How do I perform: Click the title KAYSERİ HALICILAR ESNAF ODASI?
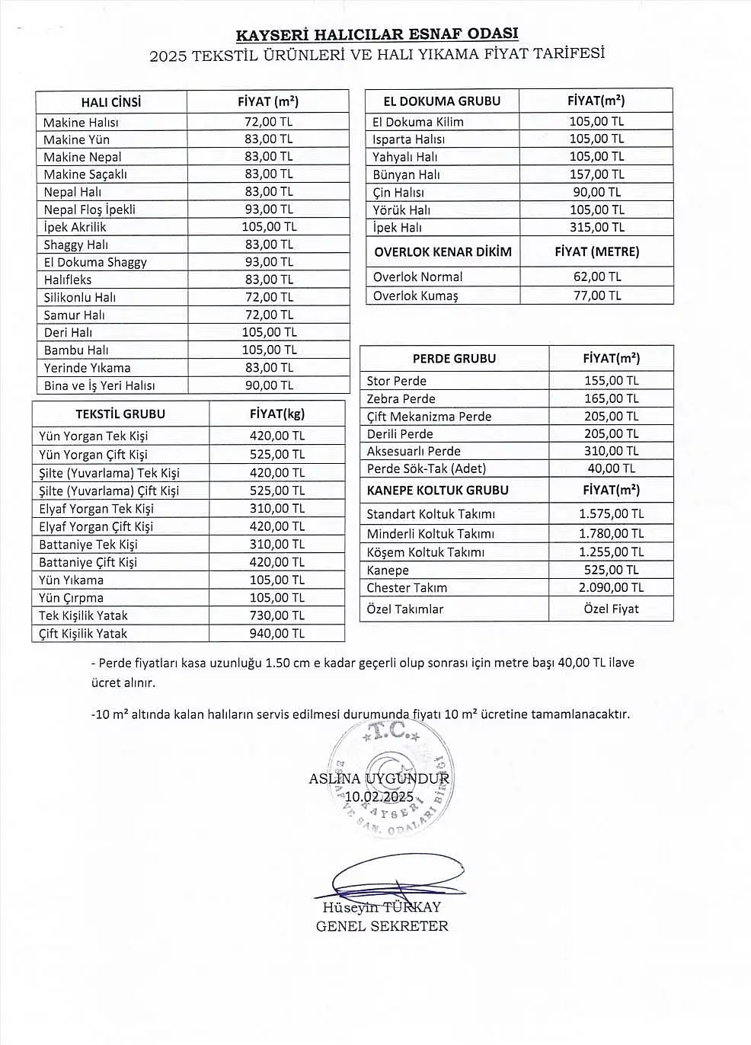[377, 34]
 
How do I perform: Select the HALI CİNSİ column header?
[111, 102]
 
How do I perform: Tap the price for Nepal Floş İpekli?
[269, 209]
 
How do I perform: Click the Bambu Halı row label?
[76, 350]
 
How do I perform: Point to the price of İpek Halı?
[596, 227]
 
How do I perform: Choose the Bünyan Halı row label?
[406, 174]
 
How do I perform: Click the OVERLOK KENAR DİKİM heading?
[443, 251]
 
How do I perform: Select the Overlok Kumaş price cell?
[596, 295]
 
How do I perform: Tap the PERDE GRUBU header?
[454, 358]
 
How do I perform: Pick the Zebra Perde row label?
[401, 398]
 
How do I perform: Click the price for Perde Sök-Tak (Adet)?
[611, 468]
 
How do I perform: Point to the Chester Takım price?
[611, 587]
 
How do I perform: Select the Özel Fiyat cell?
[611, 609]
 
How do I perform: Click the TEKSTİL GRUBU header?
[120, 414]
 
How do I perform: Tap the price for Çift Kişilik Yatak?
[276, 633]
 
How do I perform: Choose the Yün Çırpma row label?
[71, 598]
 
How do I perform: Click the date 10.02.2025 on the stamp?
[379, 797]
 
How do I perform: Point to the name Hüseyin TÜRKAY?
[382, 907]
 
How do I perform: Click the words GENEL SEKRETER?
[382, 926]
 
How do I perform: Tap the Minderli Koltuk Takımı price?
[611, 534]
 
